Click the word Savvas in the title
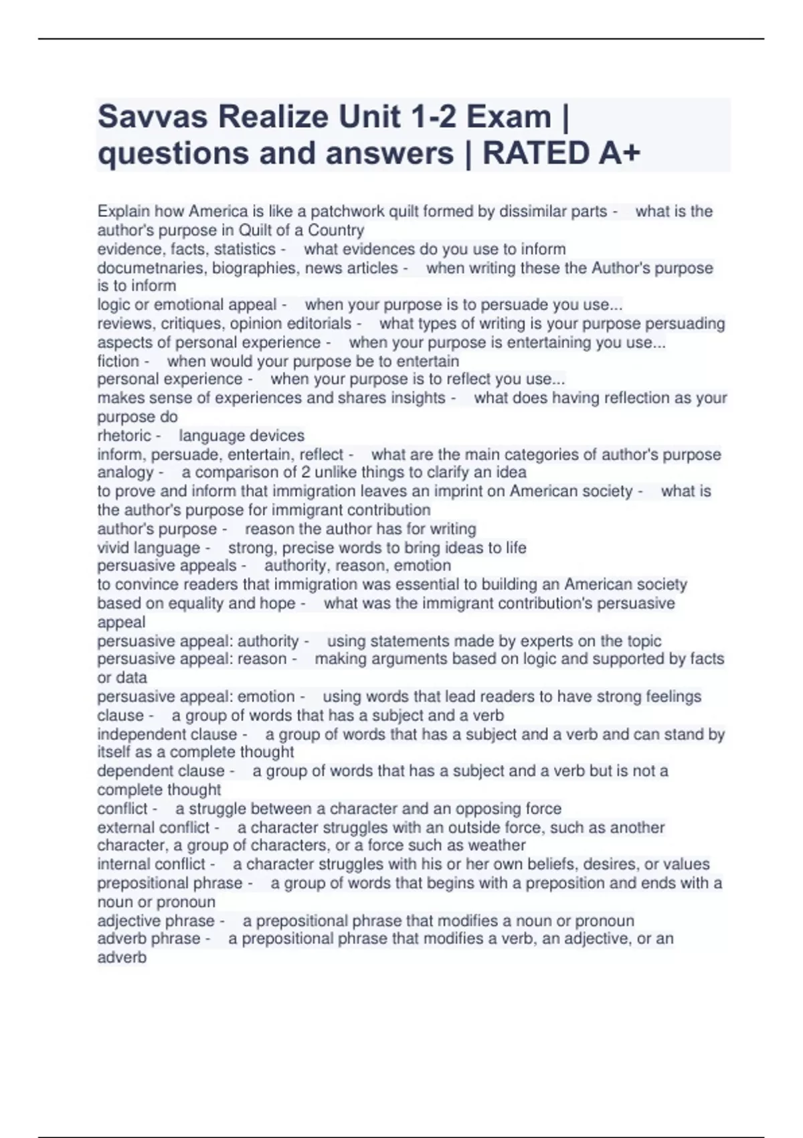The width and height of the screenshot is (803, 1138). pyautogui.click(x=153, y=117)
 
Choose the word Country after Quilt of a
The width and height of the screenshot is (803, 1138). pyautogui.click(x=336, y=230)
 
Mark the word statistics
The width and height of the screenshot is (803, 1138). pyautogui.click(x=244, y=249)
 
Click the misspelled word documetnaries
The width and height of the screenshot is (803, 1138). pyautogui.click(x=151, y=268)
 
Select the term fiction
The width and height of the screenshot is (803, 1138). pyautogui.click(x=118, y=361)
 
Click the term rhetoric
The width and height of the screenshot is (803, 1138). pyautogui.click(x=124, y=436)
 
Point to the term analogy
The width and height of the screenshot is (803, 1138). pyautogui.click(x=125, y=473)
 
